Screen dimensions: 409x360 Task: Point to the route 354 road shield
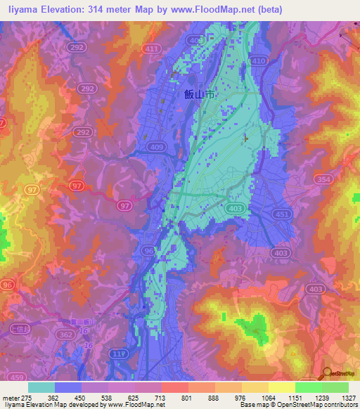point(325,181)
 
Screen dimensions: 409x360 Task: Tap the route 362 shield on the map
point(66,336)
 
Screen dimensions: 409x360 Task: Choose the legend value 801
point(167,397)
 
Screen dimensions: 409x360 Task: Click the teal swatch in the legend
point(41,387)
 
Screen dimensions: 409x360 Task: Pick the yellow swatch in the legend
point(281,387)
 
